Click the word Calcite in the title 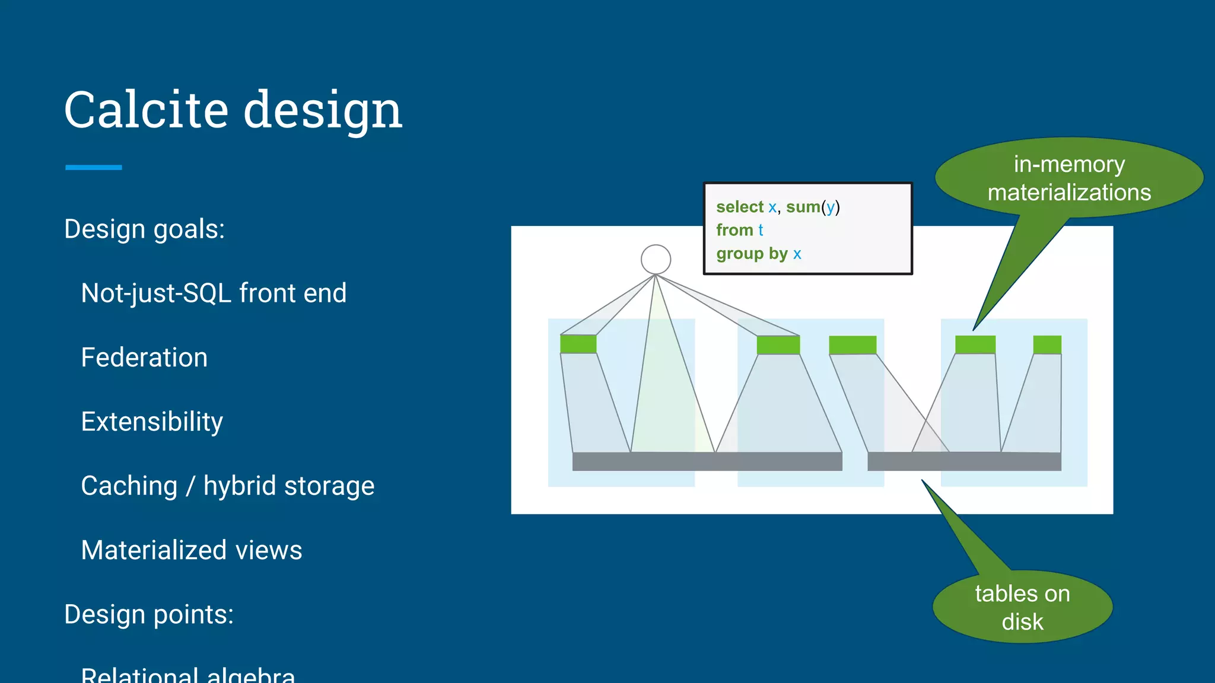coord(146,110)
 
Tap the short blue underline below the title coord(93,168)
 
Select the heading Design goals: coord(144,229)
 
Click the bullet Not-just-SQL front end coord(214,293)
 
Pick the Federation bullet coord(144,358)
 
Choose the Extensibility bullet coord(152,422)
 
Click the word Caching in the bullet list coord(129,486)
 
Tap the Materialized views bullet coord(191,550)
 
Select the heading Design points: coord(148,614)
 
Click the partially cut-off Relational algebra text coord(187,675)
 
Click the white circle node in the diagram coord(656,259)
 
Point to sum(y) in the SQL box coord(813,207)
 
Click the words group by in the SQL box coord(751,254)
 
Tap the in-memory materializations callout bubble coord(1068,178)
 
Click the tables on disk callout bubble coord(1022,607)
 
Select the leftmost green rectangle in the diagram coord(578,344)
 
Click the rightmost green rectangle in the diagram coord(1047,344)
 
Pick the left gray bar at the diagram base coord(707,461)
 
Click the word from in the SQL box coord(734,230)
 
